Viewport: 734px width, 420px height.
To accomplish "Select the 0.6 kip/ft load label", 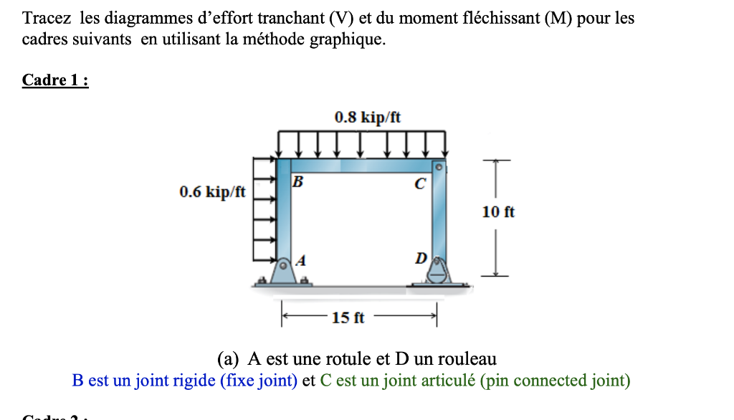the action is tap(212, 191).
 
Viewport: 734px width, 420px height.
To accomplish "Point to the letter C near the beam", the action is tap(420, 184).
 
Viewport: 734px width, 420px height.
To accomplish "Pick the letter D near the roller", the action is tap(421, 257).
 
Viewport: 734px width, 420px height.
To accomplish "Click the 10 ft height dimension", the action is tap(499, 212).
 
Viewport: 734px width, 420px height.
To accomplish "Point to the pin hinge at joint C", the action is tap(442, 167).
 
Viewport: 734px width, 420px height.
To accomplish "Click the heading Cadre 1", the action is tap(55, 80).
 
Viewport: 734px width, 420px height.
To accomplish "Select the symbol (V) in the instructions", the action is tap(344, 18).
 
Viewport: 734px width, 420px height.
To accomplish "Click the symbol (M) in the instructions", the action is tap(558, 18).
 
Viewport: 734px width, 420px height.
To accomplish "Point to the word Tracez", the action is tap(47, 18).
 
